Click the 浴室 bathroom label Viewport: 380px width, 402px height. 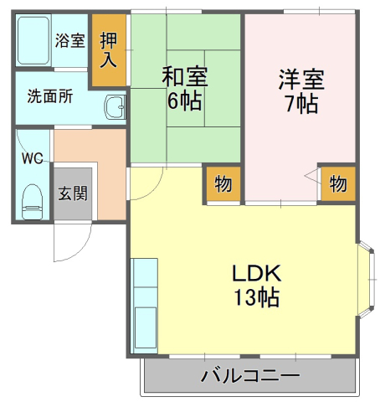pyautogui.click(x=69, y=39)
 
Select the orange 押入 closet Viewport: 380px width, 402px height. pyautogui.click(x=109, y=50)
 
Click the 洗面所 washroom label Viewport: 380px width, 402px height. pyautogui.click(x=49, y=96)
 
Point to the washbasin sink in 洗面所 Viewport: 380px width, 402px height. pyautogui.click(x=115, y=108)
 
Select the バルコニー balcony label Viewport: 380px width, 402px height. pyautogui.click(x=249, y=374)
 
